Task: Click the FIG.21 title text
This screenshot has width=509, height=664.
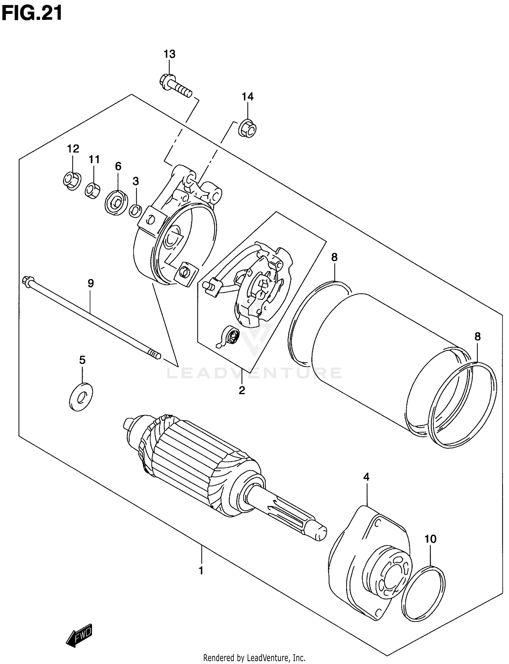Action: [32, 14]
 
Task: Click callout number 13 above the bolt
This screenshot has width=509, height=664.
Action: [169, 54]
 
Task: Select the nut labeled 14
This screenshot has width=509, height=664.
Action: [247, 129]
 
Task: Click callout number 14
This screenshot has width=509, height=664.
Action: [247, 97]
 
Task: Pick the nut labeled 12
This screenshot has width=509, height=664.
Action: [72, 180]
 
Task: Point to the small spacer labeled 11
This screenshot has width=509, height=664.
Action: [92, 190]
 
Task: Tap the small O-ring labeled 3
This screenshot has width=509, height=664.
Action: [135, 211]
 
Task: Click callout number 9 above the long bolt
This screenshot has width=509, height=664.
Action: [91, 283]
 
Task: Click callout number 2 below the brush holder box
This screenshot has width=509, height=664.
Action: [242, 390]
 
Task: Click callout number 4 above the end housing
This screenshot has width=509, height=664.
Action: [366, 477]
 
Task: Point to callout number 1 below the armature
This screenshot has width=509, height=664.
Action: [201, 570]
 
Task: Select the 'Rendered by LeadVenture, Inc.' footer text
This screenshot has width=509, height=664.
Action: [254, 658]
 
